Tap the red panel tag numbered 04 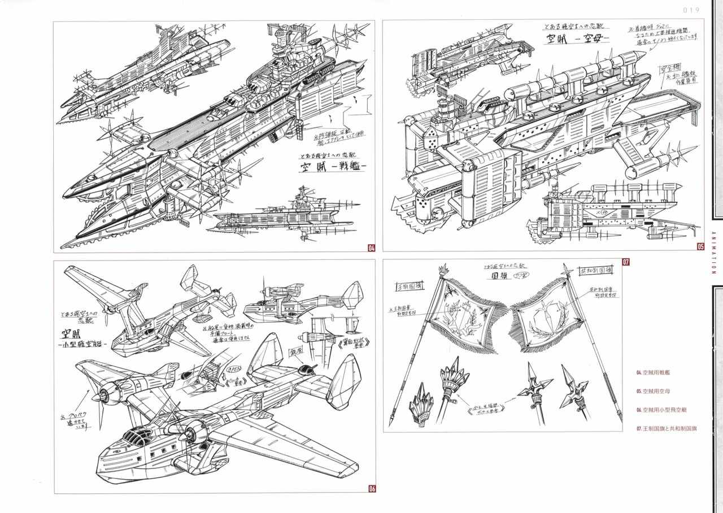pyautogui.click(x=371, y=247)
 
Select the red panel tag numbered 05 pyautogui.click(x=700, y=246)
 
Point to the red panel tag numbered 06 pyautogui.click(x=372, y=489)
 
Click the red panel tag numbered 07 pyautogui.click(x=625, y=262)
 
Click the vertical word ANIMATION pyautogui.click(x=714, y=246)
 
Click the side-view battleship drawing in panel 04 pyautogui.click(x=275, y=215)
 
